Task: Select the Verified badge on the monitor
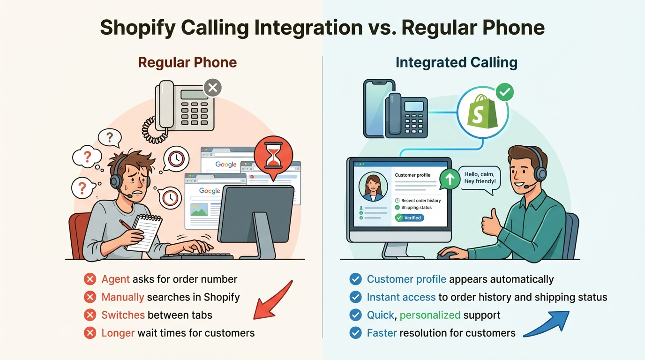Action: coord(410,217)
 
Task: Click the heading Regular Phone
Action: coord(187,62)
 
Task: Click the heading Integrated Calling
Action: coord(456,62)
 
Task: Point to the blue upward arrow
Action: coord(547,323)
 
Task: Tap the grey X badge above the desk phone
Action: coord(212,88)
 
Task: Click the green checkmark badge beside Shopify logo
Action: coord(504,92)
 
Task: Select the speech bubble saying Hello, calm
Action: coord(480,178)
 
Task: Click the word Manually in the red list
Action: coord(123,297)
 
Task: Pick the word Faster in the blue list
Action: coord(382,333)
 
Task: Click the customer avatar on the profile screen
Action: coord(373,186)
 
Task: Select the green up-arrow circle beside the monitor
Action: coord(450,180)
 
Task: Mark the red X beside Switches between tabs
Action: coord(90,315)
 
